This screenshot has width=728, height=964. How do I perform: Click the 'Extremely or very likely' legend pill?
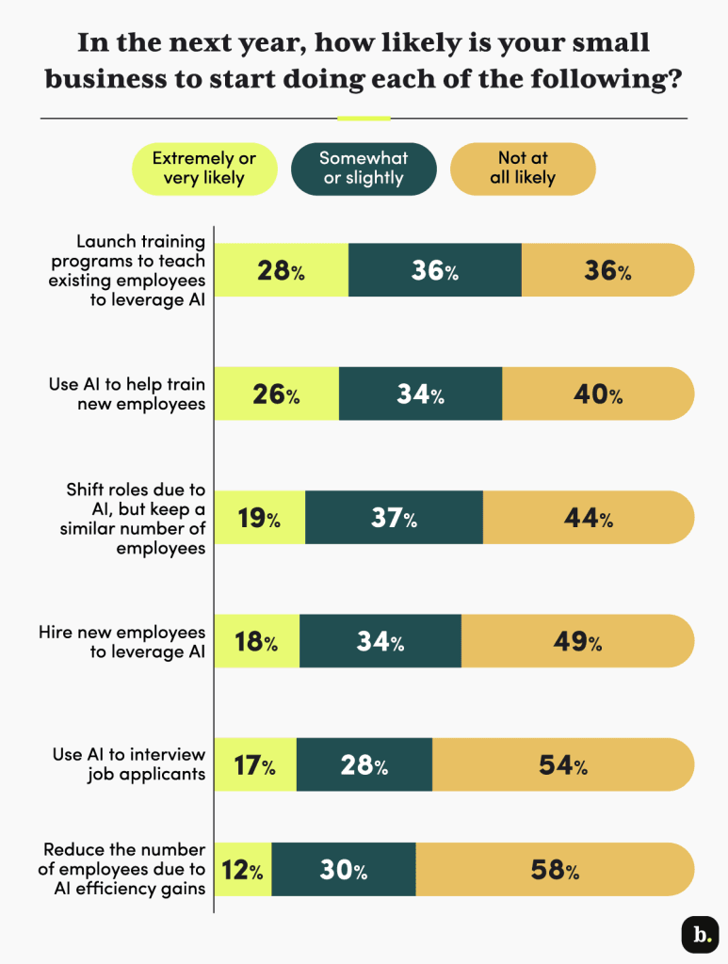(x=204, y=169)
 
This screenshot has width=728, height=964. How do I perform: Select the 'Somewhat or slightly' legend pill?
(x=364, y=169)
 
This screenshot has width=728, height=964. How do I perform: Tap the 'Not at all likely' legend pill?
(x=523, y=169)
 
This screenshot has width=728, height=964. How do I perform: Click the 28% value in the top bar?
(x=282, y=271)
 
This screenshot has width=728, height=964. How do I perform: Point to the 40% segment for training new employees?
(x=598, y=394)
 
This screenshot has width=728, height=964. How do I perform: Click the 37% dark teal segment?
(x=394, y=518)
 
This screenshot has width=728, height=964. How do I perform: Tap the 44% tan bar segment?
(x=589, y=518)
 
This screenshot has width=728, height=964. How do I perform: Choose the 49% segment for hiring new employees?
(x=577, y=642)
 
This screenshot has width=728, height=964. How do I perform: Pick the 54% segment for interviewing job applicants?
(x=563, y=765)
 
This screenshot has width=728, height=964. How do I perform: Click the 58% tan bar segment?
(x=555, y=870)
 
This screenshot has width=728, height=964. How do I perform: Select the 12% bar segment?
(x=244, y=870)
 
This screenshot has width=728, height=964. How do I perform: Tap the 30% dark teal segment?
(x=344, y=870)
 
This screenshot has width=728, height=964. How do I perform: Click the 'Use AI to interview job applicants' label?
(x=128, y=764)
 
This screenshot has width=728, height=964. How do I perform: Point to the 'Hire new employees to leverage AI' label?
(x=121, y=641)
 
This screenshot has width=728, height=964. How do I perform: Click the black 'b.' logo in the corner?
(x=699, y=934)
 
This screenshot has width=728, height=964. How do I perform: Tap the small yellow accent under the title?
(x=364, y=119)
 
